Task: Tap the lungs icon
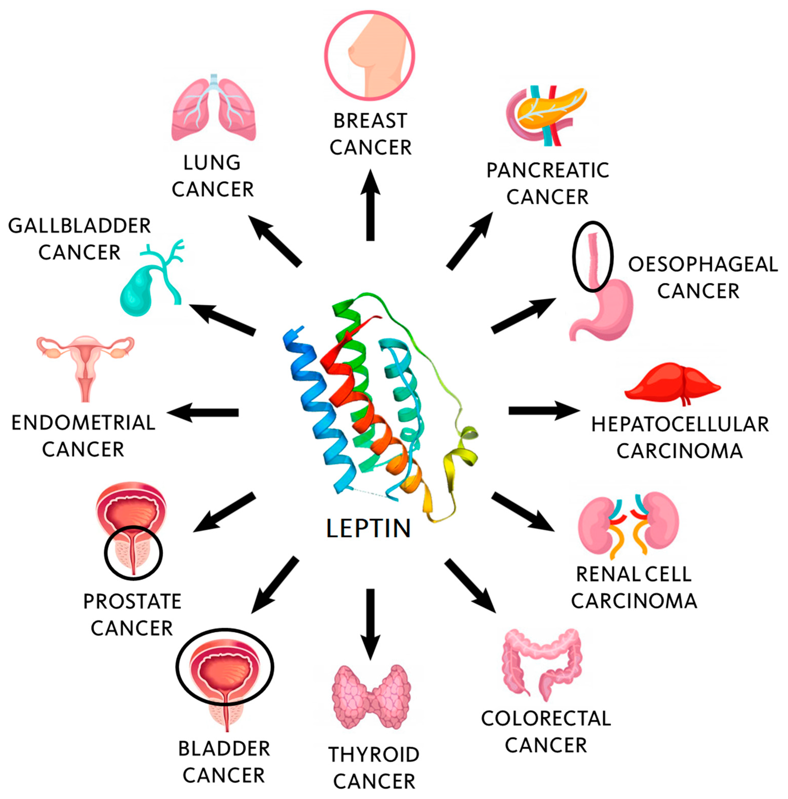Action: point(213,110)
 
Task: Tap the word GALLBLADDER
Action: point(79,226)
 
